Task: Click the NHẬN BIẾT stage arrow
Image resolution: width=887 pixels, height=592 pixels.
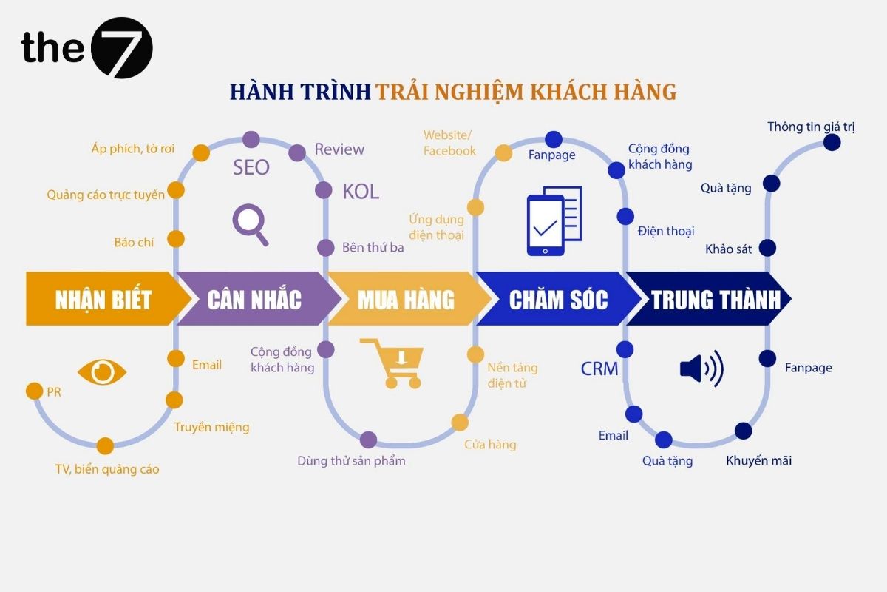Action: (x=103, y=299)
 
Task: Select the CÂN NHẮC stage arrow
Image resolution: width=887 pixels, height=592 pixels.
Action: (x=254, y=299)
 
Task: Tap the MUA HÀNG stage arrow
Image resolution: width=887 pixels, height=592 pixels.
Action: (x=406, y=299)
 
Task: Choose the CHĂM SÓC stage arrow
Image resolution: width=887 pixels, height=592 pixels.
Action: (x=558, y=299)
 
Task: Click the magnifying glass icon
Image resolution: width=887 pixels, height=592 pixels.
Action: (x=250, y=224)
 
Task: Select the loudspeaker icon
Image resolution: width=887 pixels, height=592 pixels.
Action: (x=701, y=368)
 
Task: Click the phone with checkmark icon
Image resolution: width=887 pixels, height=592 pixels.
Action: (x=554, y=221)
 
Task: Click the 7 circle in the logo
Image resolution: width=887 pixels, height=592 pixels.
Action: (x=121, y=47)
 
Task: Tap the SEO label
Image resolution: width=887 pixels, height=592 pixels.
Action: (x=251, y=168)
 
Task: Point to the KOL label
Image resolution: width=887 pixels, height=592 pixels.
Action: (x=361, y=192)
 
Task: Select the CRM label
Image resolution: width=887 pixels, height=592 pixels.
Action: (x=599, y=369)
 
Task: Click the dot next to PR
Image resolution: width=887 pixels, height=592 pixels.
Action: (x=34, y=391)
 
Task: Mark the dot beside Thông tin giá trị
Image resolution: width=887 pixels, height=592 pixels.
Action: (x=832, y=142)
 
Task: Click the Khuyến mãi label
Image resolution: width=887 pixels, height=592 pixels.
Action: (x=758, y=460)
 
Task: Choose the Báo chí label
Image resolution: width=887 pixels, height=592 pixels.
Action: (x=134, y=242)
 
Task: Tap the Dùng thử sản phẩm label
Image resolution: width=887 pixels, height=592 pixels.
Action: (x=351, y=460)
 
